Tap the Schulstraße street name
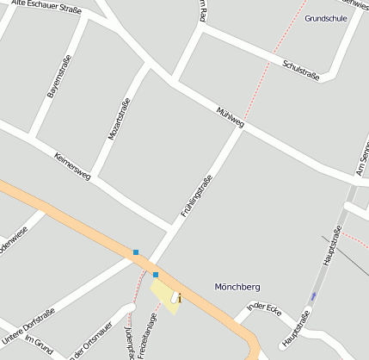coord(301,70)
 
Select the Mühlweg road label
coord(231,118)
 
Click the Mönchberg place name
coord(237,286)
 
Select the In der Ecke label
coord(264,307)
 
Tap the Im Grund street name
coord(39,344)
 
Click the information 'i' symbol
coord(178,298)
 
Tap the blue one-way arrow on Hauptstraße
coord(313,296)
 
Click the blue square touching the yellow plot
coord(156,275)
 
